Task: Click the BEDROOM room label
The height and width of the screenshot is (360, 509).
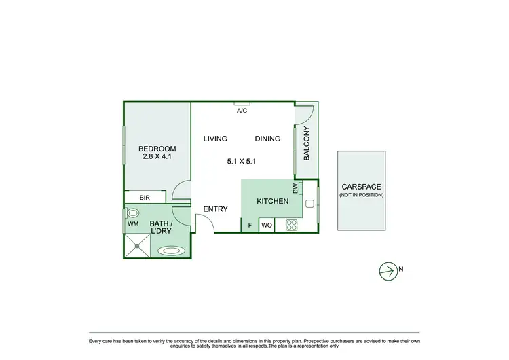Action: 157,149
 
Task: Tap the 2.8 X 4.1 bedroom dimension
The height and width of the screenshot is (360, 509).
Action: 157,157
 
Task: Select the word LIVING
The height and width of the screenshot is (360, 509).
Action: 215,139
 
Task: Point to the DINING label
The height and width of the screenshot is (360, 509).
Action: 267,139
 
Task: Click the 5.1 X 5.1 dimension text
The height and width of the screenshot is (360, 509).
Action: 241,162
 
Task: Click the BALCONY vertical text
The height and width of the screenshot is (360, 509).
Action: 306,143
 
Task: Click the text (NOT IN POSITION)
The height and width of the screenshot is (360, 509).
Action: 361,195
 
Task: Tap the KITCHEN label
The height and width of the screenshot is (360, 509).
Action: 273,202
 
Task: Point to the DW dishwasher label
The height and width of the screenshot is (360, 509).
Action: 295,188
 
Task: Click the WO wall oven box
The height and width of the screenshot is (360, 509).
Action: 267,225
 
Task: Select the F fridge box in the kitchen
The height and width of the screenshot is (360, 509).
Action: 250,225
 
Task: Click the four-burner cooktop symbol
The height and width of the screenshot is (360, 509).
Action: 292,224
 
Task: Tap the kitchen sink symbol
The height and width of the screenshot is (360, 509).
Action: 309,203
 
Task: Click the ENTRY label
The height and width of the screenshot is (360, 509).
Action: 215,209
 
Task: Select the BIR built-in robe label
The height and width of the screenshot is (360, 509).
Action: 145,198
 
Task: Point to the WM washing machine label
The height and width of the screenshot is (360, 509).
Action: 133,223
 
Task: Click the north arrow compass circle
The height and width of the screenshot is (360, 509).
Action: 387,270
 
